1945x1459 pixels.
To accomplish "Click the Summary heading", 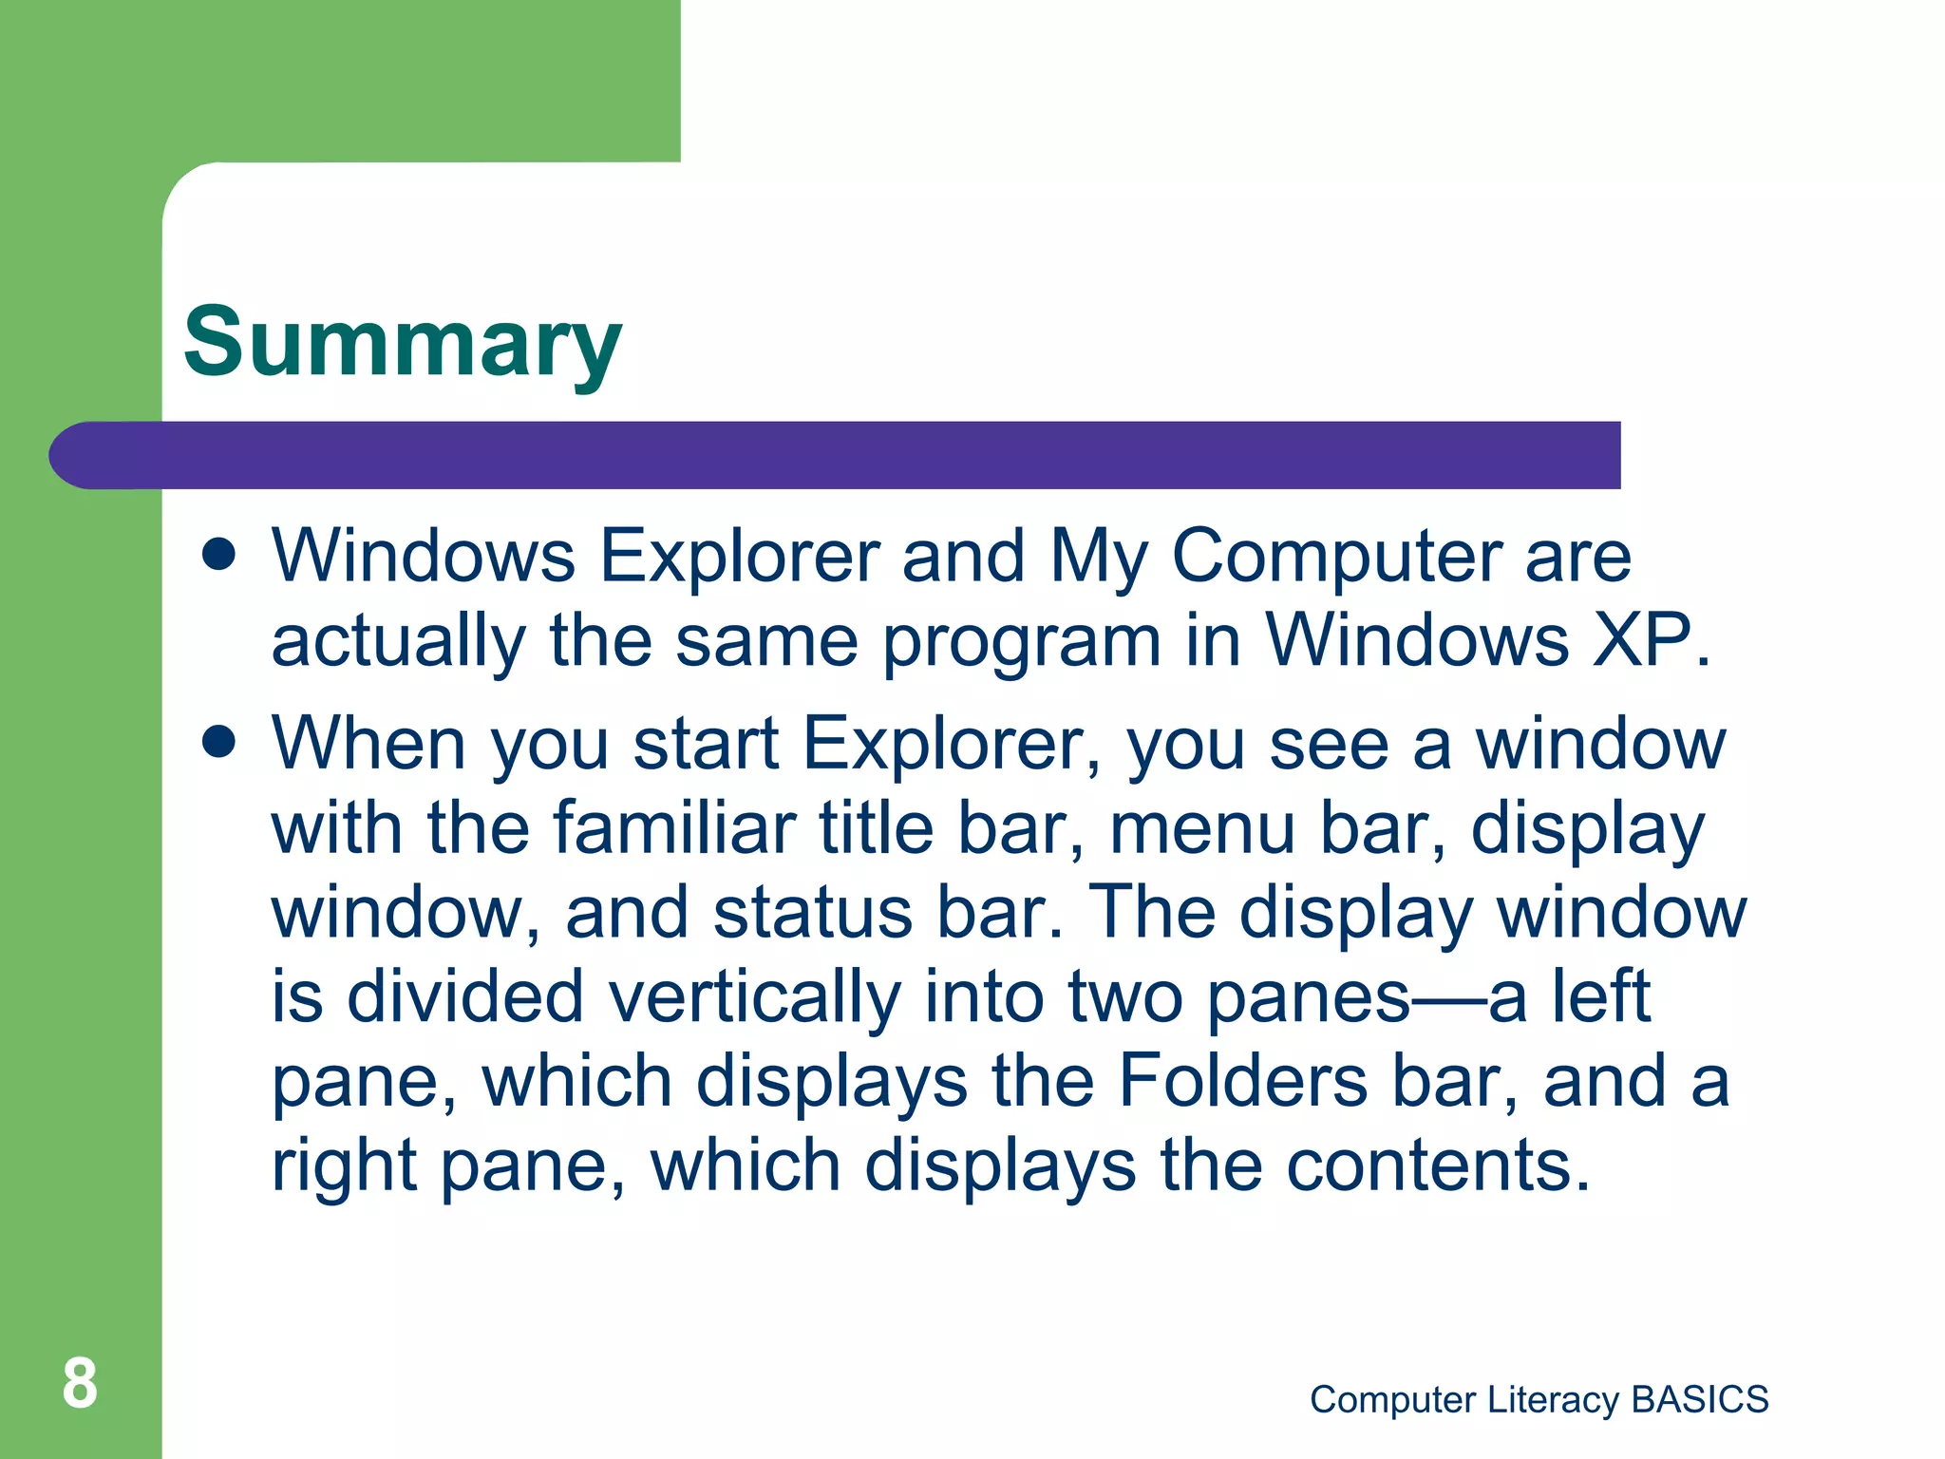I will pyautogui.click(x=402, y=344).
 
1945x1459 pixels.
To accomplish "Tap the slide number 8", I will pyautogui.click(x=80, y=1384).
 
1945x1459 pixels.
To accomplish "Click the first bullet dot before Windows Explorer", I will pyautogui.click(x=218, y=555).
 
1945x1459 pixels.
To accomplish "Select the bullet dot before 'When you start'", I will pyautogui.click(x=218, y=742).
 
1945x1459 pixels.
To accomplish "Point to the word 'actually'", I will pyautogui.click(x=398, y=642).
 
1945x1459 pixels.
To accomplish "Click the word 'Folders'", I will pyautogui.click(x=1242, y=1081).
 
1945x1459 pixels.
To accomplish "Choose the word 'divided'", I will pyautogui.click(x=465, y=996).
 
